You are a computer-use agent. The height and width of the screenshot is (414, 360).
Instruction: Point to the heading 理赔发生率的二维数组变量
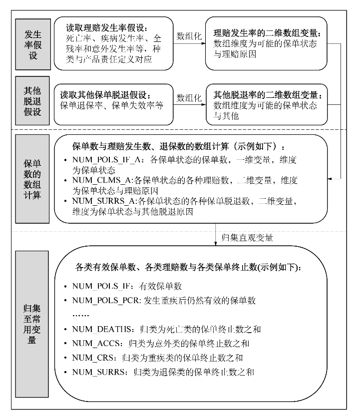(x=268, y=34)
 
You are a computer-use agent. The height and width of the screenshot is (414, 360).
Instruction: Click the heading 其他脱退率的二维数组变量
(x=268, y=94)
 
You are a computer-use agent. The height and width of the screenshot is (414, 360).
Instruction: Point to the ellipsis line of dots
(x=80, y=315)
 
